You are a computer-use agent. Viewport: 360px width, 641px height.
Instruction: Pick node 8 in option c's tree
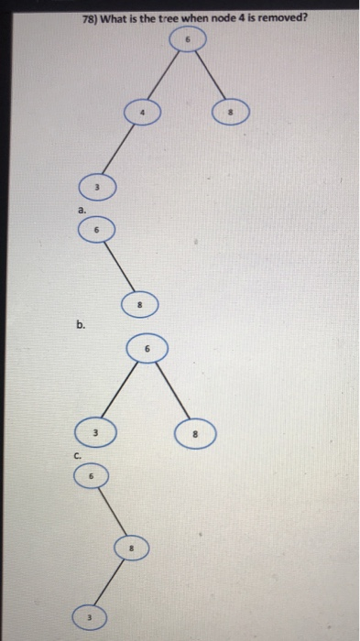click(x=131, y=549)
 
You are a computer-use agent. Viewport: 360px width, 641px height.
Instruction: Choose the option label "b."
click(x=82, y=323)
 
